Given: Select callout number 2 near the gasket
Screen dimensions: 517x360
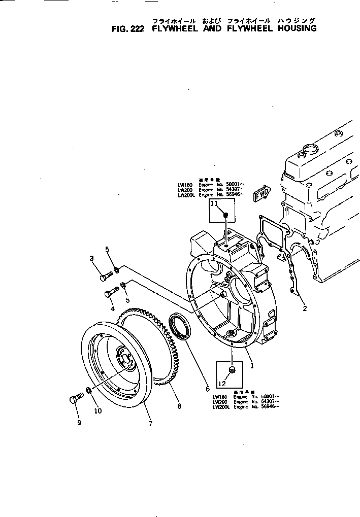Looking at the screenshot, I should pos(305,308).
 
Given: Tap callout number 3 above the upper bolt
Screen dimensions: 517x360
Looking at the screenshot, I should pos(92,258).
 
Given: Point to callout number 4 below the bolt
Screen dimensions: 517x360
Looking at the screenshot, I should pos(112,308).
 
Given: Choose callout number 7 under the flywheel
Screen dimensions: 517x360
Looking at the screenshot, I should pos(150,424).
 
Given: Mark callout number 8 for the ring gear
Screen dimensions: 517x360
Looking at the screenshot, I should pos(179,406).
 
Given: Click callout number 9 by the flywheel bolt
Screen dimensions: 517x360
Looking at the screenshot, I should pos(79,423).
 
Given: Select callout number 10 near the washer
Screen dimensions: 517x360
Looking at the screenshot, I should pos(97,410).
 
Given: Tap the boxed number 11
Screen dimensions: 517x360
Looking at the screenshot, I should pos(214,204).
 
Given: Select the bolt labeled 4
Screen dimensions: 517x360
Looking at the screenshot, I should pos(112,293).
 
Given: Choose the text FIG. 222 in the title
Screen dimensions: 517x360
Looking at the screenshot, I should pos(128,28).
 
